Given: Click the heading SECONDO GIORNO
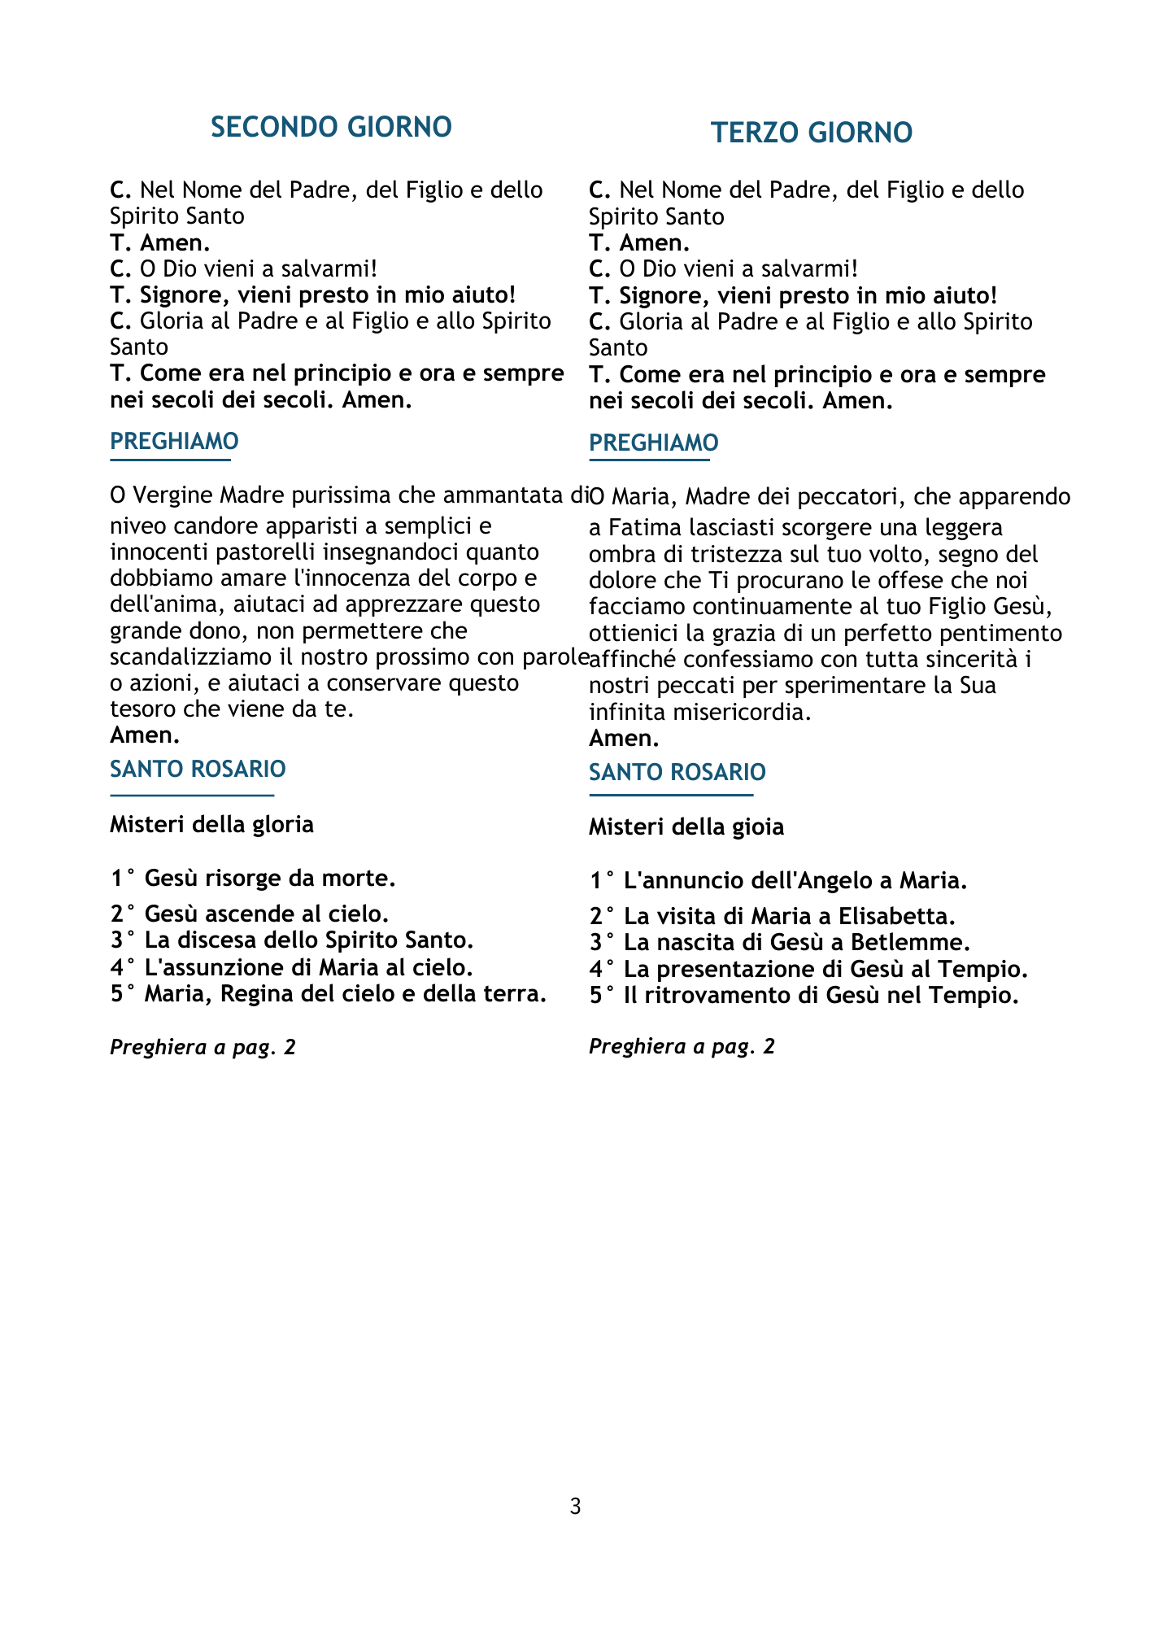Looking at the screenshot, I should click(x=331, y=128).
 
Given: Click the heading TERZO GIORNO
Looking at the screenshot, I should click(x=811, y=133).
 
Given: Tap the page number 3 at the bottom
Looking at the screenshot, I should click(x=575, y=1507).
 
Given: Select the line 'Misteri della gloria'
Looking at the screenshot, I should click(x=211, y=824).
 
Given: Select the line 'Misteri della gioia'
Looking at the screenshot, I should click(x=686, y=827).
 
